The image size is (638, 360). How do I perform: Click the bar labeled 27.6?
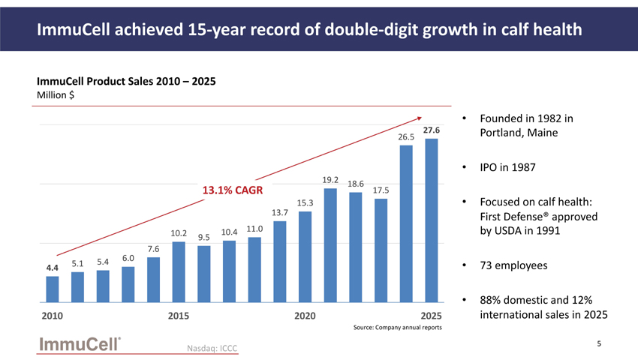(x=432, y=220)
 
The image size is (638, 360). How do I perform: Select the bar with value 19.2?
(x=330, y=245)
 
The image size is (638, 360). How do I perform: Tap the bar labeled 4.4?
(x=53, y=289)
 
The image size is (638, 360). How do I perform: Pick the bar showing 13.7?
(x=280, y=262)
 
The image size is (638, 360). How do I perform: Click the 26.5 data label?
(x=406, y=137)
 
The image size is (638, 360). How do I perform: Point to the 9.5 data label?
(x=204, y=237)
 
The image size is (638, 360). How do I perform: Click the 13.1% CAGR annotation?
(x=233, y=190)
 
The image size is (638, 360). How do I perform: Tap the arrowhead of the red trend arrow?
(x=420, y=118)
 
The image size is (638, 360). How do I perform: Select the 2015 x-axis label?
(x=179, y=316)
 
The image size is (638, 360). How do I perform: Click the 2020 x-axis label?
(x=305, y=316)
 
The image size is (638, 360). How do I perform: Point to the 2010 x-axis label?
(x=52, y=316)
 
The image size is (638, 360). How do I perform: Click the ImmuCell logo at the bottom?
(x=80, y=344)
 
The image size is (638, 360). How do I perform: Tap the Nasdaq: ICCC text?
(x=212, y=348)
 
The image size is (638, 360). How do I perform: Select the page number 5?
(x=599, y=343)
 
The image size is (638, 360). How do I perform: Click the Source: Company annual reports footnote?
(x=398, y=328)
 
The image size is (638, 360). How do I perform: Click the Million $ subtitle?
(x=56, y=94)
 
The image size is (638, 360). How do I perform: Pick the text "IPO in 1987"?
(x=508, y=167)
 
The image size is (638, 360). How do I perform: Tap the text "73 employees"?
(x=513, y=265)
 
